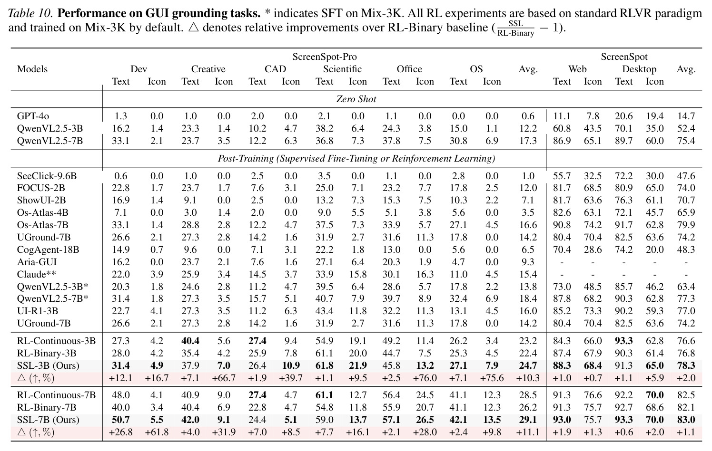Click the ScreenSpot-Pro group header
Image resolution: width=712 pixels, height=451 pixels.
325,57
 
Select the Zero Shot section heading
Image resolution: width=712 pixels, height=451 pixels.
356,99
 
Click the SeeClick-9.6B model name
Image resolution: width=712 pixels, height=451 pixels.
47,176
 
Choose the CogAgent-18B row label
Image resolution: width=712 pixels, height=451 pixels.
48,250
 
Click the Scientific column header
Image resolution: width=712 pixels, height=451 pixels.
342,69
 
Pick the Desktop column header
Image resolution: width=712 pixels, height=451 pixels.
639,69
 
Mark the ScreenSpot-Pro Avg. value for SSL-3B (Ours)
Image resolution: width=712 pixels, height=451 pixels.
528,365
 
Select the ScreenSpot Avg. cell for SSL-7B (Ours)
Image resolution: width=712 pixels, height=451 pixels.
686,420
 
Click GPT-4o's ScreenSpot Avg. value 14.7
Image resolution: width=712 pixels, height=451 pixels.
686,116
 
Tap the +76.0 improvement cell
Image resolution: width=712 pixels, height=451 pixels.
425,378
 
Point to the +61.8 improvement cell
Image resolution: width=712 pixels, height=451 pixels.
157,432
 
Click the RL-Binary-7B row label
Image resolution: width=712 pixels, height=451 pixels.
47,408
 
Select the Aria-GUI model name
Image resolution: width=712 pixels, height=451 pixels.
37,262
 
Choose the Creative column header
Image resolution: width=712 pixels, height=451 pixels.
208,69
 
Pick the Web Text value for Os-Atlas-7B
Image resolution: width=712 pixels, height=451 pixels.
562,225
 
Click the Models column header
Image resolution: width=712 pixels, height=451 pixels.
32,69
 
